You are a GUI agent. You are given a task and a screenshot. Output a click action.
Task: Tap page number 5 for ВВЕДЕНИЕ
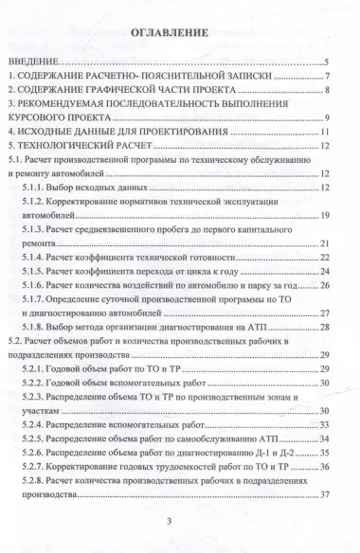click(325, 63)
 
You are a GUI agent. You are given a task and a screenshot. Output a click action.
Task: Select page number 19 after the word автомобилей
click(323, 215)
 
